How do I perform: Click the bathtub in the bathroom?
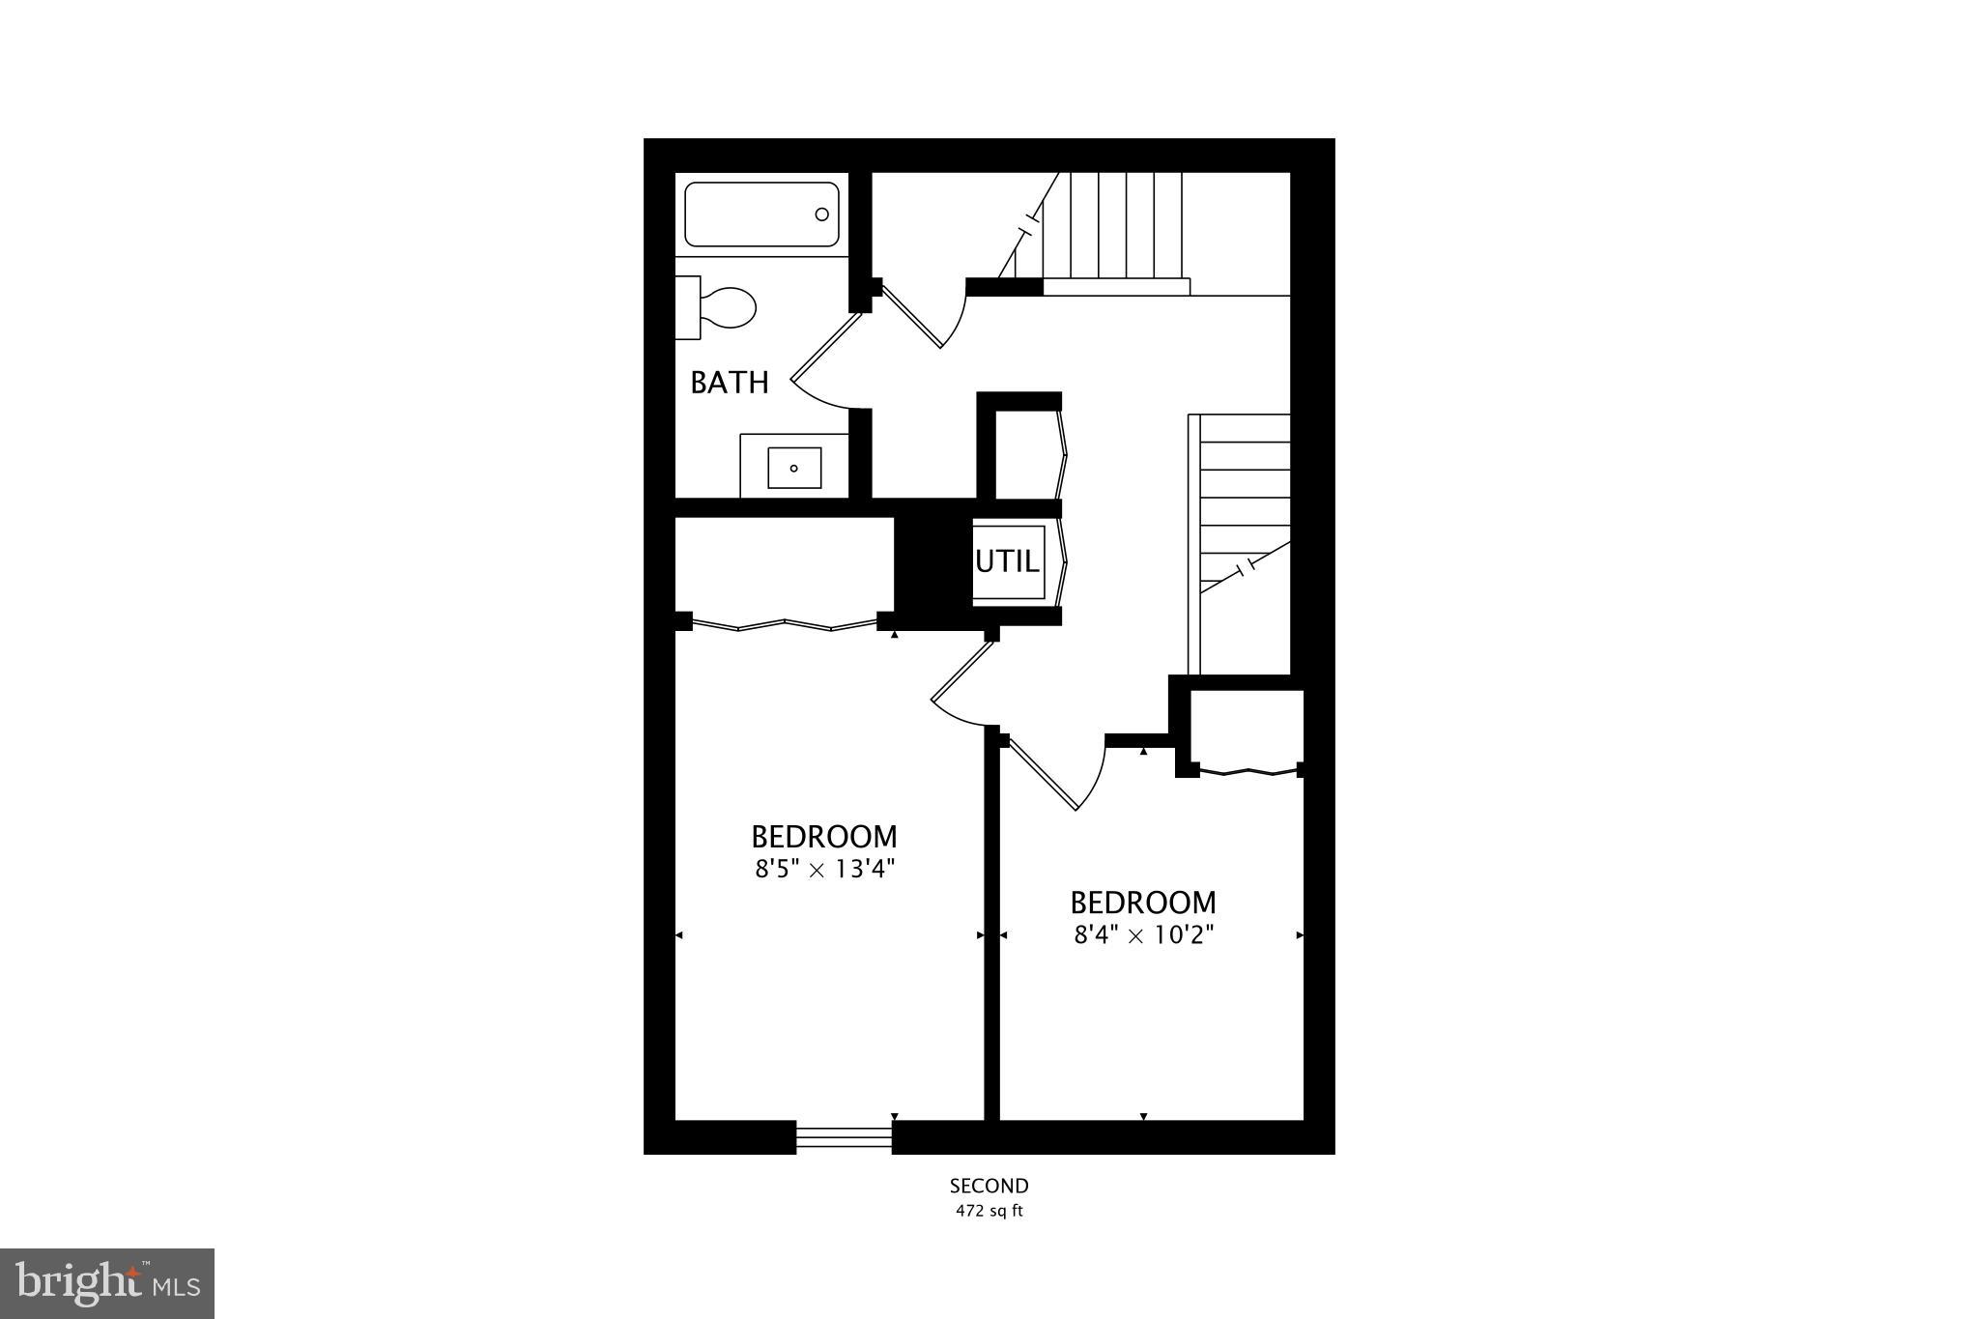click(x=760, y=215)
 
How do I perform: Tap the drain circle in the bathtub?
click(x=822, y=215)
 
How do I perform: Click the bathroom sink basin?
click(x=794, y=468)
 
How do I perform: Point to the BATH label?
click(x=730, y=383)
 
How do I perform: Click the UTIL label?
click(x=1007, y=561)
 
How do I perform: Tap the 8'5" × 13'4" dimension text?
click(x=825, y=869)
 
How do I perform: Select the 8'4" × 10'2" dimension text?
click(x=1143, y=935)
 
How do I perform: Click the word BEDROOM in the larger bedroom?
click(x=824, y=836)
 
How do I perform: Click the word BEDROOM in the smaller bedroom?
click(x=1143, y=903)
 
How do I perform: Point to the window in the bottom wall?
click(x=844, y=1137)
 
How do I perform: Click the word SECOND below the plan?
click(x=989, y=1186)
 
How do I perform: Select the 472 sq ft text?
click(x=989, y=1211)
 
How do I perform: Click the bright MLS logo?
click(x=107, y=1283)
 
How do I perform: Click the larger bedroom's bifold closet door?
click(x=784, y=624)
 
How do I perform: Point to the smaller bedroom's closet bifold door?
click(x=1248, y=771)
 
